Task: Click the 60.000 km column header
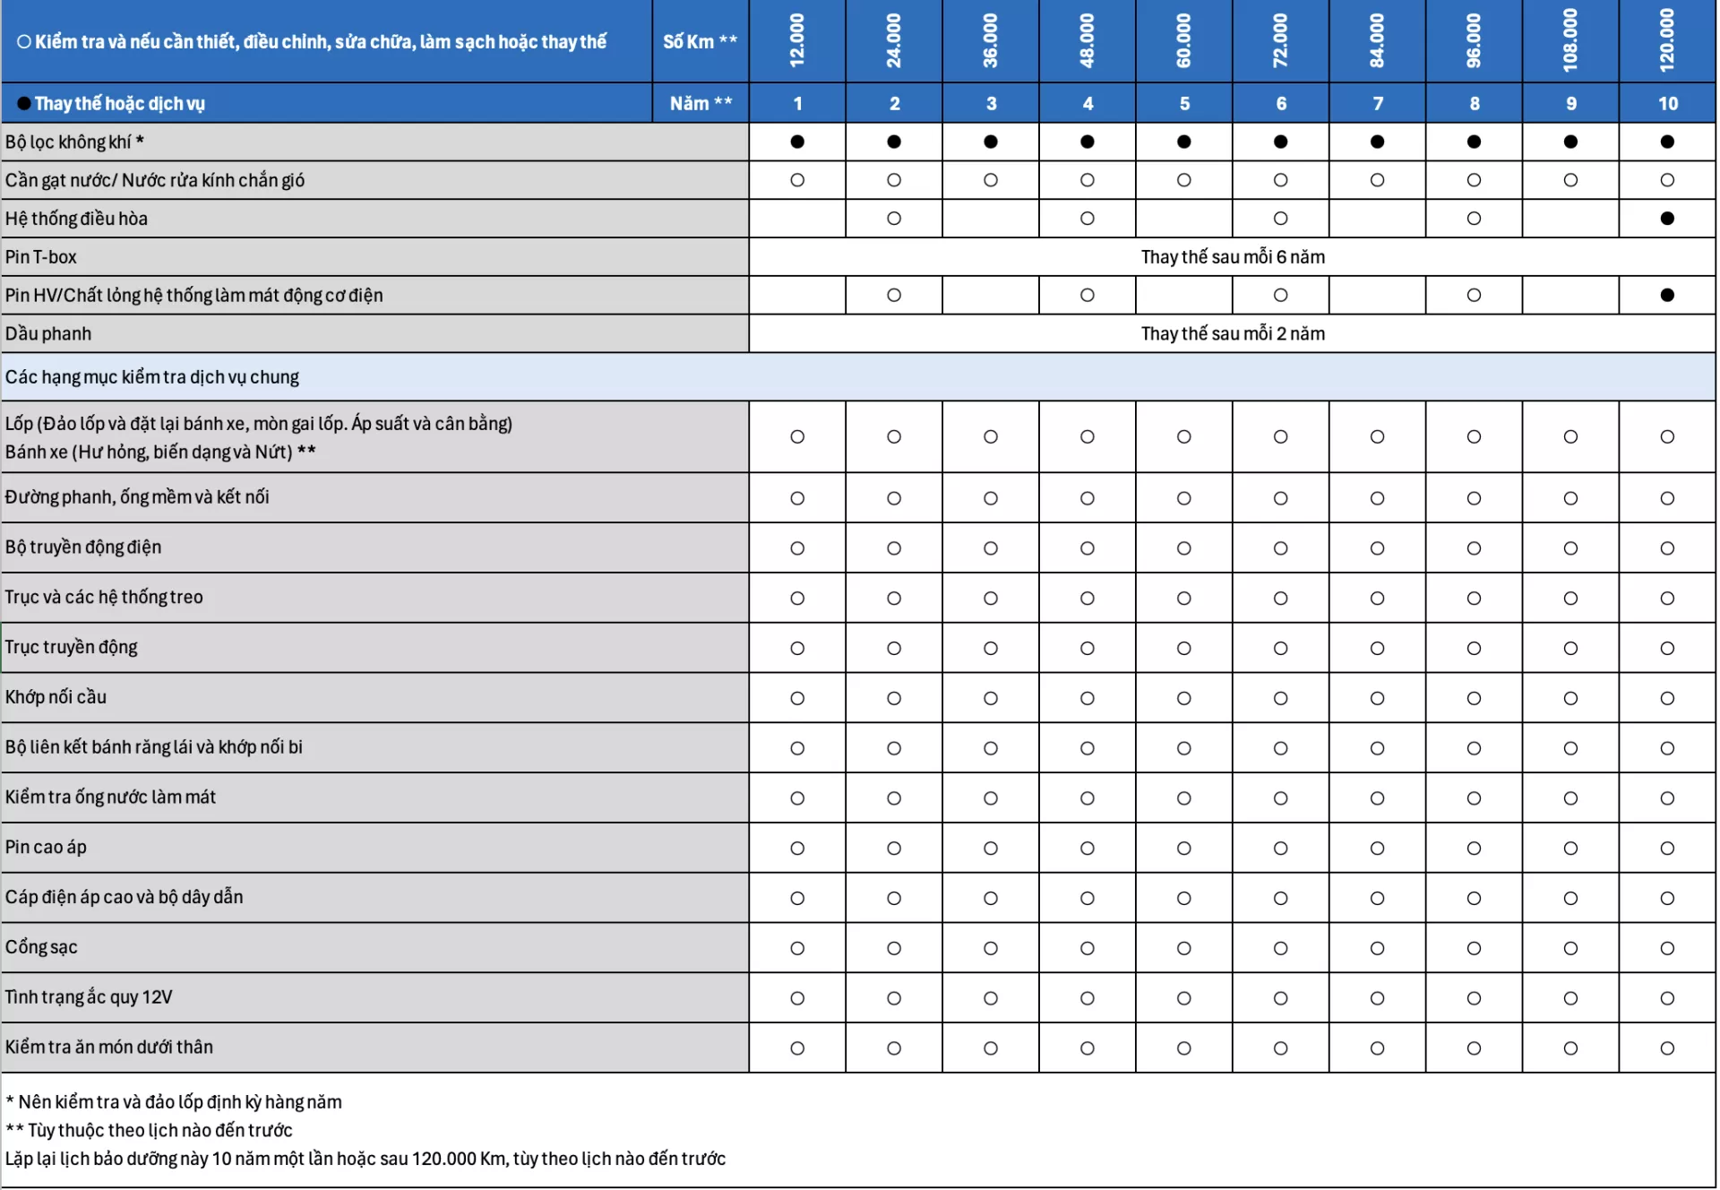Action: pyautogui.click(x=1183, y=41)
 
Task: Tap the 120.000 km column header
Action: pyautogui.click(x=1666, y=41)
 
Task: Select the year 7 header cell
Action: pyautogui.click(x=1377, y=104)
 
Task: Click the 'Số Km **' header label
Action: pyautogui.click(x=700, y=41)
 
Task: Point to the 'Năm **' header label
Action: pyautogui.click(x=701, y=104)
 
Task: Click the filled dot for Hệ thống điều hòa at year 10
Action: pyautogui.click(x=1666, y=219)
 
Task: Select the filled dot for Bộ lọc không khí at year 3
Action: pyautogui.click(x=990, y=142)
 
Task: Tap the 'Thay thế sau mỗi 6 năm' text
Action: pyautogui.click(x=1232, y=257)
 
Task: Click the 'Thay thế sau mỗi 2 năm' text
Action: pyautogui.click(x=1232, y=334)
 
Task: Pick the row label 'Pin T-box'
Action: pyautogui.click(x=41, y=257)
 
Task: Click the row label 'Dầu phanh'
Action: pyautogui.click(x=48, y=334)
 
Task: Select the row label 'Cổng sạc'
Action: pyautogui.click(x=41, y=947)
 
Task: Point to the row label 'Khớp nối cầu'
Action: pyautogui.click(x=56, y=697)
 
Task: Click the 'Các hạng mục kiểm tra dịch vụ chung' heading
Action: pyautogui.click(x=152, y=377)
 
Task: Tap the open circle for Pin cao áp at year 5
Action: pyautogui.click(x=1183, y=848)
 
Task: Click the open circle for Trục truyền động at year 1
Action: pyautogui.click(x=797, y=648)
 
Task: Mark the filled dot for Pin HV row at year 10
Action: pyautogui.click(x=1666, y=295)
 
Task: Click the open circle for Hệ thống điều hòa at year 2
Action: pyautogui.click(x=893, y=219)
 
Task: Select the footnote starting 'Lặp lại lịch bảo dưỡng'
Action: pyautogui.click(x=365, y=1159)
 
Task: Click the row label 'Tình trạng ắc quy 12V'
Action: pyautogui.click(x=89, y=997)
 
